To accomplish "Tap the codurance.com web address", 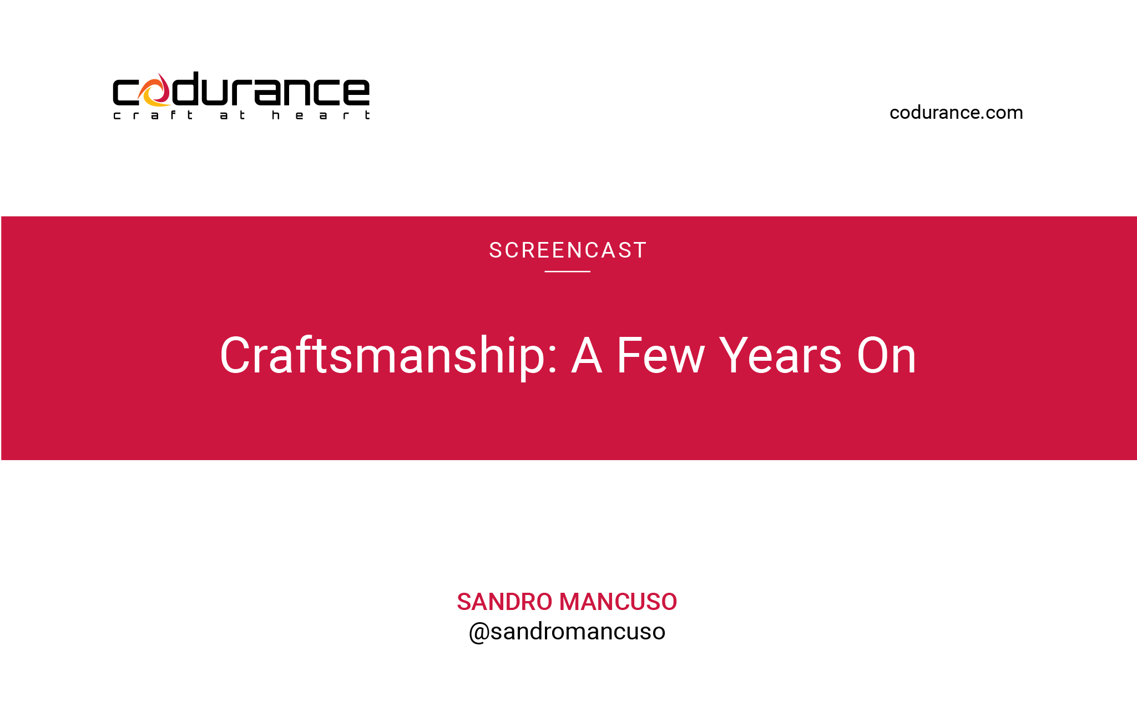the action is click(x=956, y=113).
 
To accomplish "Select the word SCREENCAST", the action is click(x=568, y=250).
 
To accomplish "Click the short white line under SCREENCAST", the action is click(x=567, y=271).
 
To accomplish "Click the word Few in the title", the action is click(x=660, y=355).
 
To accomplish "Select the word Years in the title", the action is click(x=780, y=355).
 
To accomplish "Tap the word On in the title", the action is click(x=886, y=355).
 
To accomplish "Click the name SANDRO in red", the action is click(x=504, y=602).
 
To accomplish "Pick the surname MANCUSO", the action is click(x=618, y=602).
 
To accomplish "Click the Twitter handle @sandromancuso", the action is click(x=567, y=632).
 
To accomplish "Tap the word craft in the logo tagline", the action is click(x=153, y=115).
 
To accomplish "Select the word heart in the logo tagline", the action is click(x=321, y=115).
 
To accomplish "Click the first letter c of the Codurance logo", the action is click(x=126, y=92).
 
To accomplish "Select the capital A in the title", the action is click(x=587, y=355).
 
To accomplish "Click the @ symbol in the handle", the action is click(x=479, y=633).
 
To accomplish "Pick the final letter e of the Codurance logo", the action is click(x=356, y=92).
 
